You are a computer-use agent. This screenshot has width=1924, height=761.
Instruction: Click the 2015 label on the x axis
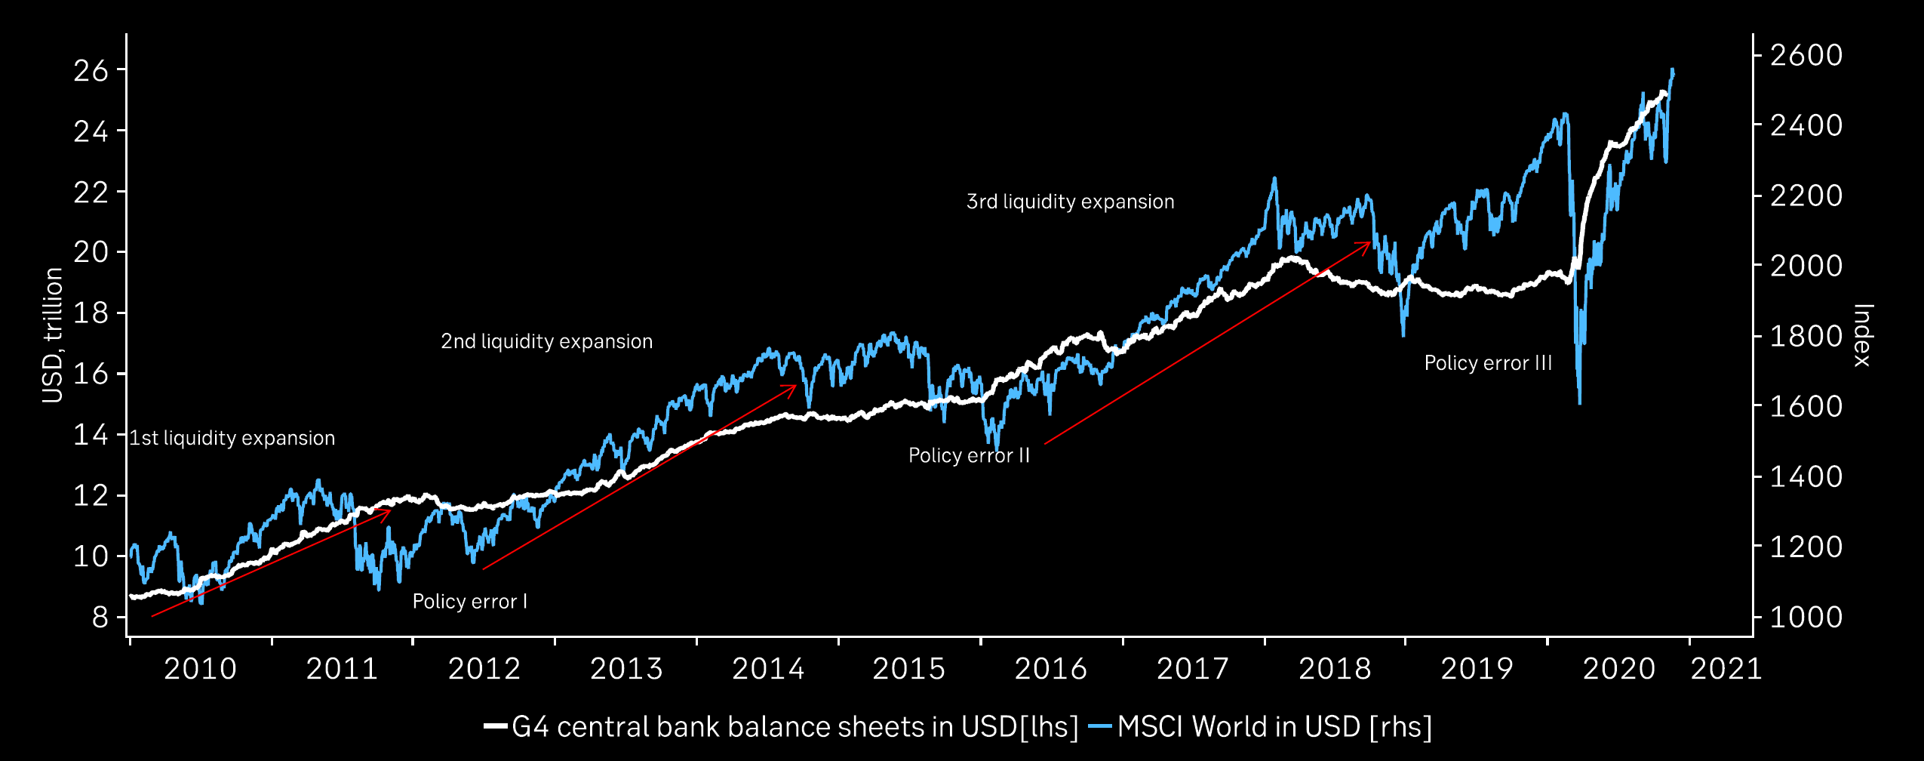click(908, 669)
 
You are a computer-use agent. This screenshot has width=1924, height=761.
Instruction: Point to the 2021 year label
click(1726, 669)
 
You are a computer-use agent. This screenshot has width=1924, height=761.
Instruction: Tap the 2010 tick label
click(200, 669)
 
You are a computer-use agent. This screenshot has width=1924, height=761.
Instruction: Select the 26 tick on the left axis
click(91, 71)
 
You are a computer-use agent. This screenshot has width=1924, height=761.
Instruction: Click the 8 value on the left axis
click(100, 618)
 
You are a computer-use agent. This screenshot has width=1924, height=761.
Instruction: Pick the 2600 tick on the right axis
click(1806, 55)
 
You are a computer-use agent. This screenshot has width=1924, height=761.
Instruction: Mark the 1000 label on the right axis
click(1806, 618)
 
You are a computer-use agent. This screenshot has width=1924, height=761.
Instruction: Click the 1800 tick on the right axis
click(1806, 337)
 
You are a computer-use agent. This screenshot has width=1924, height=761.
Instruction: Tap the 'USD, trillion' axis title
click(52, 336)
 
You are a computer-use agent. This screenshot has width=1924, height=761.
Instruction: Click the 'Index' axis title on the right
click(1863, 336)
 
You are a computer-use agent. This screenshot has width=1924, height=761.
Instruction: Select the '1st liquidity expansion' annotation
click(232, 438)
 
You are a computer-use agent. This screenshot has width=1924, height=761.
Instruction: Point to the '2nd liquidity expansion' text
click(546, 341)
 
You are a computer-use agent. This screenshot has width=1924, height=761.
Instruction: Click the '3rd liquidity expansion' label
click(1070, 202)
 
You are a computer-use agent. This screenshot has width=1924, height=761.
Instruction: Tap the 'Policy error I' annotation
click(469, 602)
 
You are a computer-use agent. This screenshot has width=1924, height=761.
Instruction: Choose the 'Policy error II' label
click(969, 456)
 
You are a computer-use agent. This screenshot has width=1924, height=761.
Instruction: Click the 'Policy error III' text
click(1488, 363)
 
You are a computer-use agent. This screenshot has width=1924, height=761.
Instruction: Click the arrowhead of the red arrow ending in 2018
click(1369, 243)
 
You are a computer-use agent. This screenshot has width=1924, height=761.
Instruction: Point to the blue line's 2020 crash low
click(1579, 402)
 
